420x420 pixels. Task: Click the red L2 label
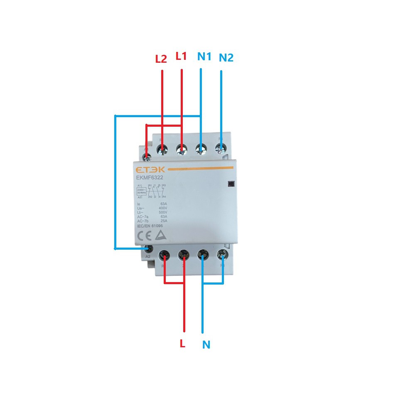tap(161, 59)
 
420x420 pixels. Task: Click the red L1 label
tap(182, 56)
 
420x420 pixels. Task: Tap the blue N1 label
tap(204, 56)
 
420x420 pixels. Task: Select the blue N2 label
tap(226, 58)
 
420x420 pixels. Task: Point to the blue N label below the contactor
tap(206, 344)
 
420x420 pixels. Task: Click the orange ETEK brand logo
tap(150, 170)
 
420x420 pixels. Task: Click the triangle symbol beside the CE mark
tap(160, 236)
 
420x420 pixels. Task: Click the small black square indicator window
tap(231, 184)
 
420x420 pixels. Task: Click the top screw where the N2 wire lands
tap(220, 147)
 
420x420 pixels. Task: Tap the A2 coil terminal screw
tap(149, 249)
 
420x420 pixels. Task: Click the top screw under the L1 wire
tap(182, 148)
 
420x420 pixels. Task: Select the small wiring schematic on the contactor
tap(151, 191)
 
